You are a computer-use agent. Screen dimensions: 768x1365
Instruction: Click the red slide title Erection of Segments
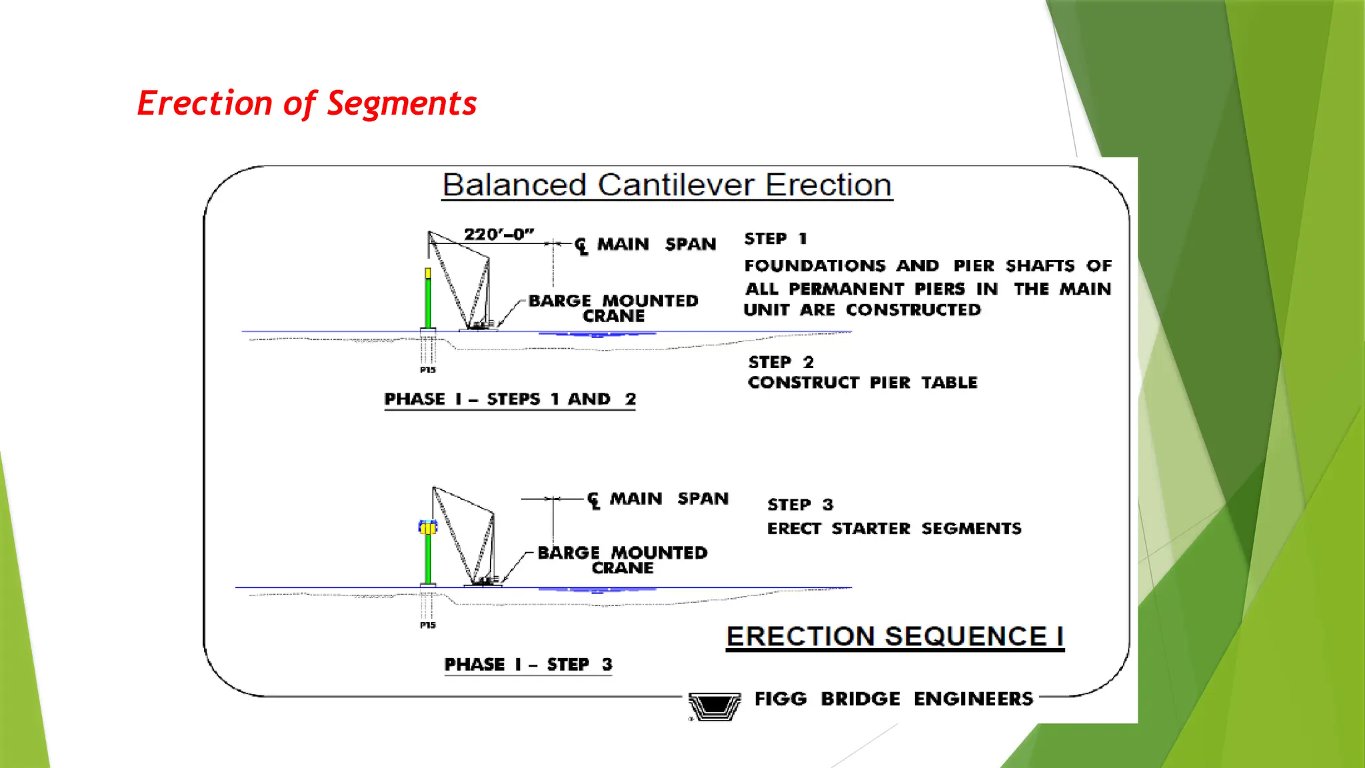(307, 104)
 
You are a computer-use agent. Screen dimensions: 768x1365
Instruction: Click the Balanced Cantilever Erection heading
(667, 185)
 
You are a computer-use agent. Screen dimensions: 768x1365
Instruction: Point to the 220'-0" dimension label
(499, 235)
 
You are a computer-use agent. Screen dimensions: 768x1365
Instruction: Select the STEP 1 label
(775, 239)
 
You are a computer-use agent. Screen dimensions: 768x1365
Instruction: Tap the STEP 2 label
(780, 362)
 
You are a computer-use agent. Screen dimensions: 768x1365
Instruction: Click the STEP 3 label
(800, 505)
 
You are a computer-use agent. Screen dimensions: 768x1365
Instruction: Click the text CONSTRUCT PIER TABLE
(862, 383)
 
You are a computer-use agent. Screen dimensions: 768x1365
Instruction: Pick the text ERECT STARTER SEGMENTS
(894, 529)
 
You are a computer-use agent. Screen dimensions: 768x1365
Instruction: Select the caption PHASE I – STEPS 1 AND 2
(510, 399)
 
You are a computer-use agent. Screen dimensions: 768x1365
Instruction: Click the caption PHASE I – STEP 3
(528, 665)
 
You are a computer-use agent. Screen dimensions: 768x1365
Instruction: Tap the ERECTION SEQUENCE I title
(894, 637)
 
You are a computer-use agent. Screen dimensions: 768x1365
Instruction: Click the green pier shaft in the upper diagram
(428, 303)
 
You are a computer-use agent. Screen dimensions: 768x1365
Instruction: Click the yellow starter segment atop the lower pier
(427, 528)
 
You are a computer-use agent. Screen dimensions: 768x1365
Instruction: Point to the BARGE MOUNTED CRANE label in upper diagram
(613, 308)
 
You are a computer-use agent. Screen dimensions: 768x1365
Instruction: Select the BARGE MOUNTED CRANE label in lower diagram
(622, 560)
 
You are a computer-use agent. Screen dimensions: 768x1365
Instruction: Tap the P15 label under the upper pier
(427, 370)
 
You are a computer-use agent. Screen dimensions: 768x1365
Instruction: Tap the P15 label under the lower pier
(427, 625)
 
